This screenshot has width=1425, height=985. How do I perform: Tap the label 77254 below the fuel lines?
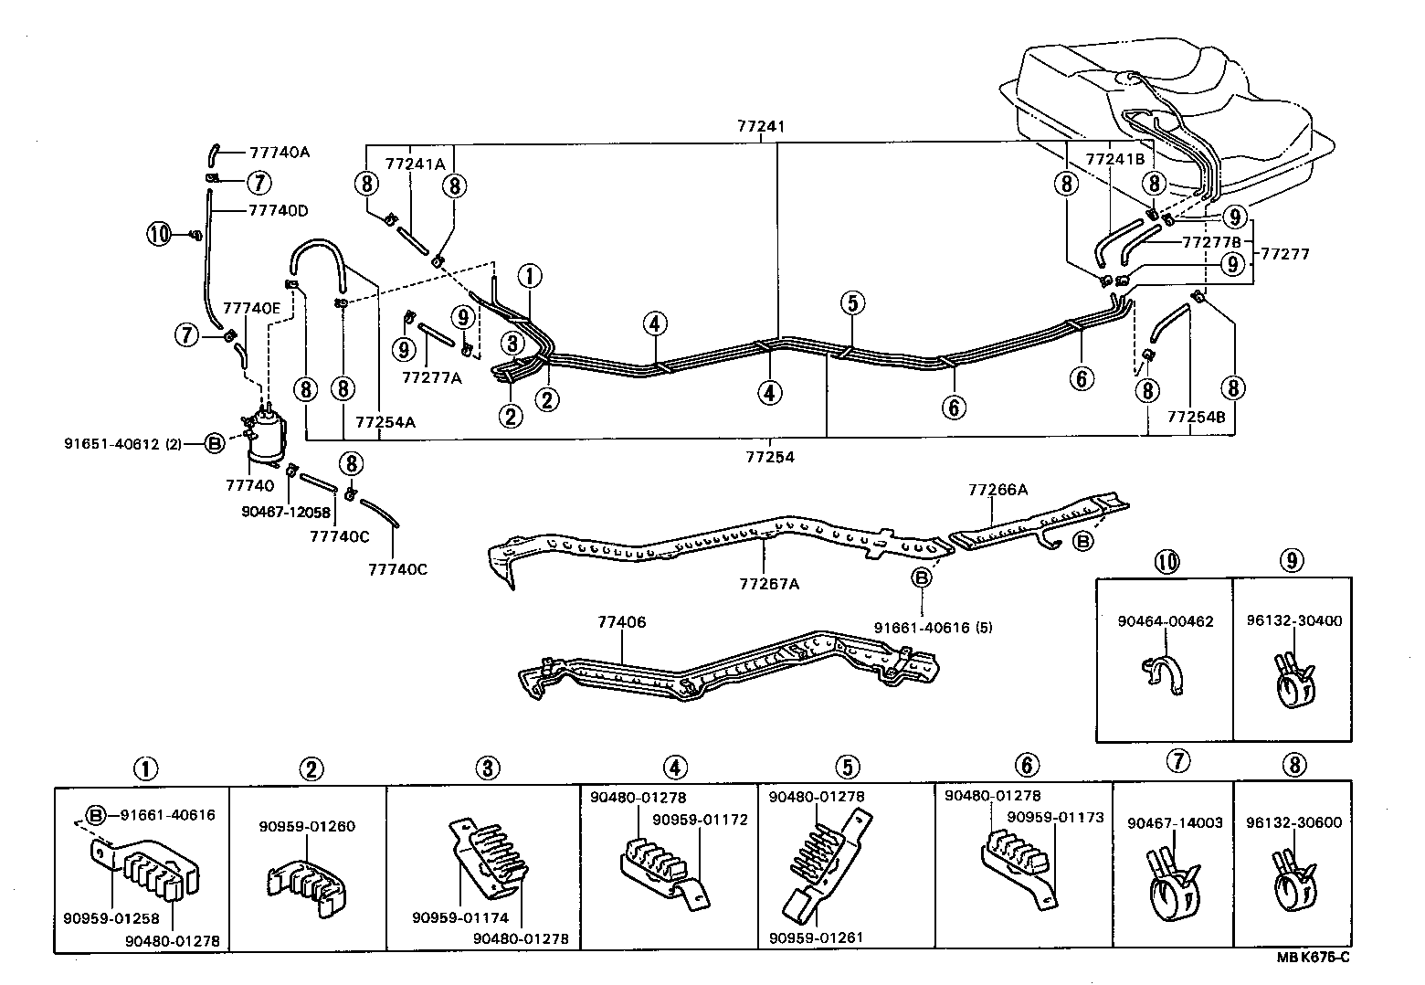(770, 457)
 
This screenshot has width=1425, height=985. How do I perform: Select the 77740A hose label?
(280, 153)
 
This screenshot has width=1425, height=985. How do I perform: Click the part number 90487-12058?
(286, 513)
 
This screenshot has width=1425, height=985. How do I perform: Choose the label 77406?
(621, 622)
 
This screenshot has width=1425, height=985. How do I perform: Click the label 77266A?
(997, 490)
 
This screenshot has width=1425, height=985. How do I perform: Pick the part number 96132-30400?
(1293, 621)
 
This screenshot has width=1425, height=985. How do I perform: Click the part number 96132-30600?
(1293, 822)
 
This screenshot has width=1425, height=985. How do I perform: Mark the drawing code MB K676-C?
(1314, 957)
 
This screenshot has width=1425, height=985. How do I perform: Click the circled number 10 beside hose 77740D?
(160, 235)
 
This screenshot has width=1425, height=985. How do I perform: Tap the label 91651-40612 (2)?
(123, 444)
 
